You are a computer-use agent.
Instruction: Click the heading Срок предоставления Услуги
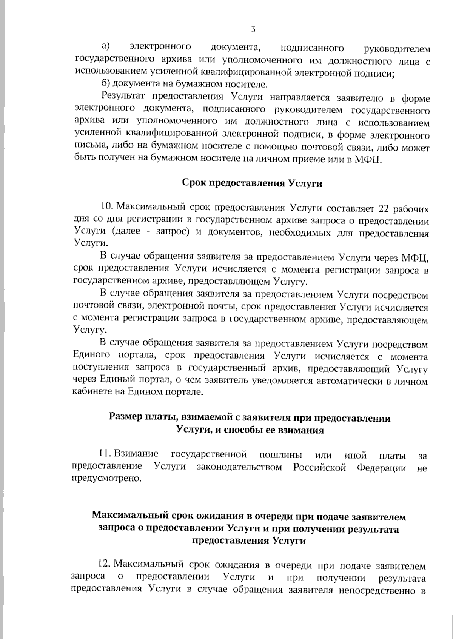pyautogui.click(x=252, y=183)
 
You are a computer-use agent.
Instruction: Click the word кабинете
pyautogui.click(x=89, y=392)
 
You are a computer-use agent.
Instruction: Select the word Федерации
pyautogui.click(x=382, y=468)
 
